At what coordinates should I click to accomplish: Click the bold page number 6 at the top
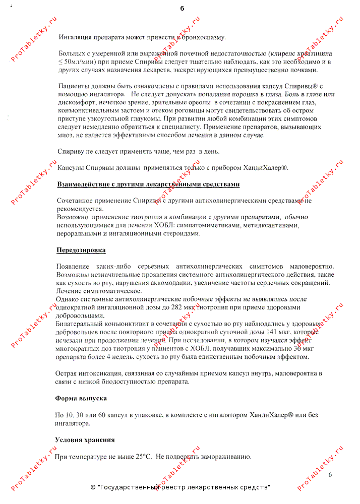(182, 8)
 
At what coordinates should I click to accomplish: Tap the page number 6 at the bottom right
(331, 475)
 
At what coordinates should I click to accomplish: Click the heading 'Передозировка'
(81, 250)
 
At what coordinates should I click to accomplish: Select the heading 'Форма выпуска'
(81, 398)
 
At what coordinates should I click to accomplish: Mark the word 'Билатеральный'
(79, 324)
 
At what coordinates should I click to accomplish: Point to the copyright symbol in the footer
(93, 487)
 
